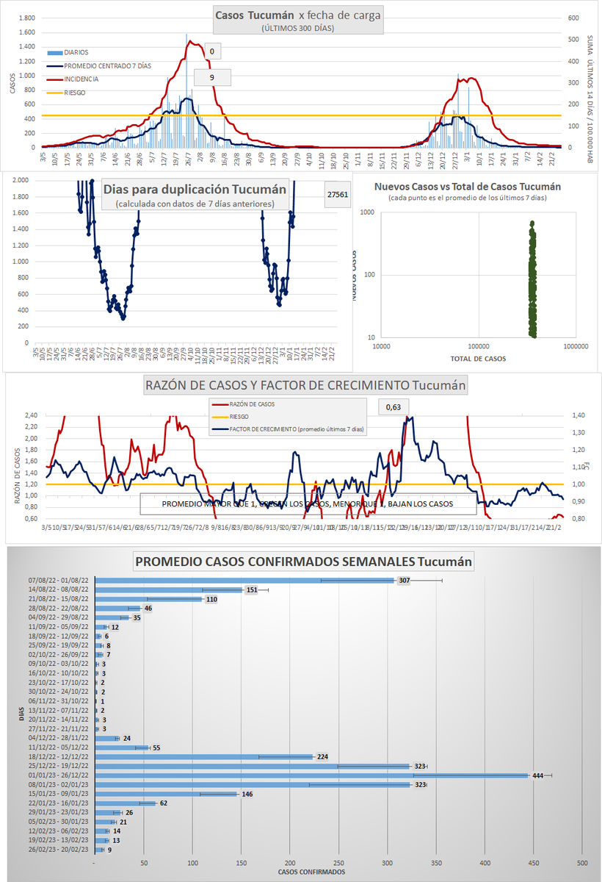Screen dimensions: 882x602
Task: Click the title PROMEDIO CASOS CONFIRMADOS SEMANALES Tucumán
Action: point(303,562)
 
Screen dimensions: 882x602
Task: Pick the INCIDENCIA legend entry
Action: point(81,79)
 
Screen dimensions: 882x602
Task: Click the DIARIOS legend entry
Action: point(76,52)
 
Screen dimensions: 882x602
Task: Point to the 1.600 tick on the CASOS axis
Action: point(25,32)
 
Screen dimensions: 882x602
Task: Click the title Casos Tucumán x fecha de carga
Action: point(298,15)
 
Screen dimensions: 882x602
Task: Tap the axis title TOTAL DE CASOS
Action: point(477,359)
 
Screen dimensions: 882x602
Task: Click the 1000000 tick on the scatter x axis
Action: point(576,346)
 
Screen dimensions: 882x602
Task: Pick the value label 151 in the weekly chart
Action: point(251,589)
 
